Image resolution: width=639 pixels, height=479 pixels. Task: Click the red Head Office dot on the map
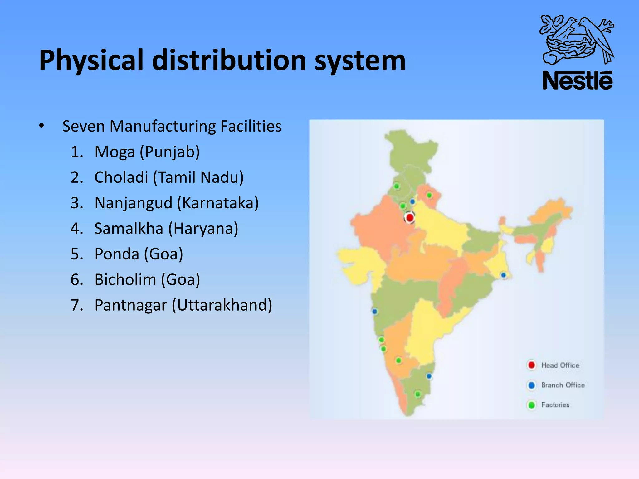410,217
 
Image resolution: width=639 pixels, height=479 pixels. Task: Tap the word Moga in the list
115,152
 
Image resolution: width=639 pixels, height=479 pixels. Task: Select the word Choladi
121,177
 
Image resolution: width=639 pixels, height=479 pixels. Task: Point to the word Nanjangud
133,203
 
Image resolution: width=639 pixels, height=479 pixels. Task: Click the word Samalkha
129,229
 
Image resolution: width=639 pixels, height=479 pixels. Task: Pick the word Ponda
117,254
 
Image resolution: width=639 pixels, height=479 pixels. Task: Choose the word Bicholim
125,280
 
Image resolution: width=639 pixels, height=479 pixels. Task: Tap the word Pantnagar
131,305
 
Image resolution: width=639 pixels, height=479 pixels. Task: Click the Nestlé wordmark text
578,81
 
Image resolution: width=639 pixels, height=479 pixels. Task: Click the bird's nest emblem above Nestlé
577,40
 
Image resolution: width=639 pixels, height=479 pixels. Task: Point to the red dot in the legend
531,365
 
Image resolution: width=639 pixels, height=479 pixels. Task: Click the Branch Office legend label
563,385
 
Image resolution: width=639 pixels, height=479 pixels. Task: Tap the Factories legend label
555,405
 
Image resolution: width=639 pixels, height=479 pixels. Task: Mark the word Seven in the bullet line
83,126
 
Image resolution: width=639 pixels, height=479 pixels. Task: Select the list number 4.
77,229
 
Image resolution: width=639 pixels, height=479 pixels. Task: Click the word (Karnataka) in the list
218,203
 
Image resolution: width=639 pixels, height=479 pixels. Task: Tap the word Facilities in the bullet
251,126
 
